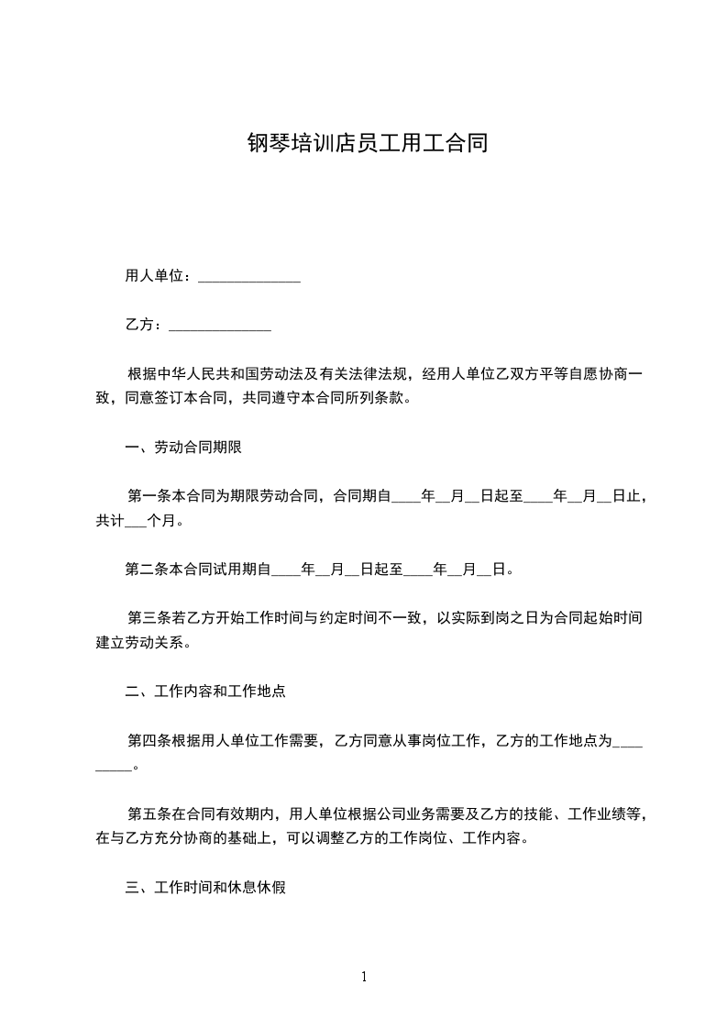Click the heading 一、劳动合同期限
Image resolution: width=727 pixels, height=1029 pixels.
[x=183, y=448]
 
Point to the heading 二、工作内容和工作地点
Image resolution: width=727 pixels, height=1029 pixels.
[x=205, y=692]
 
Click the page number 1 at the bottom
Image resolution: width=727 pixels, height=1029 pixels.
[x=364, y=977]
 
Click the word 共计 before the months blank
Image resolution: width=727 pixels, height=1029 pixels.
[x=109, y=521]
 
